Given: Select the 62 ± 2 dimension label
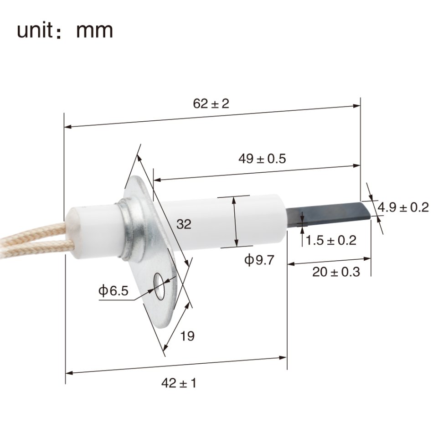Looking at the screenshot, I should click(211, 103).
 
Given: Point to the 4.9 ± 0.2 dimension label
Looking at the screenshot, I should click(403, 207).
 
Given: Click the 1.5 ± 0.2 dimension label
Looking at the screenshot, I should click(330, 240).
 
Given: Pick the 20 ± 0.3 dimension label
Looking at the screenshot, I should click(336, 272).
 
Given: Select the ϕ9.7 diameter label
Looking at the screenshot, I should click(259, 261).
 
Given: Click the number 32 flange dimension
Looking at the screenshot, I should click(184, 224).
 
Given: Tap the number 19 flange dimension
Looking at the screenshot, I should click(187, 336).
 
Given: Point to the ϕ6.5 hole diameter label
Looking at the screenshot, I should click(113, 290).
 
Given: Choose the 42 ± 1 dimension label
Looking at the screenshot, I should click(179, 383).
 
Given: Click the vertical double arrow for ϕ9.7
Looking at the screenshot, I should click(235, 222).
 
